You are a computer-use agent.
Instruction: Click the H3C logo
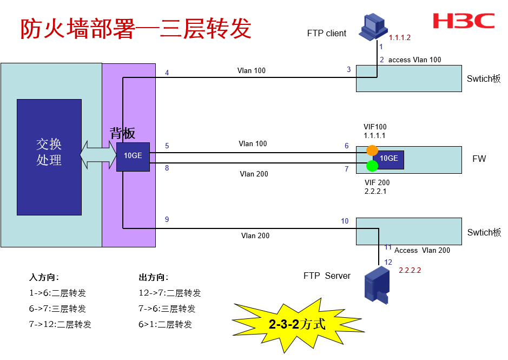pyautogui.click(x=464, y=21)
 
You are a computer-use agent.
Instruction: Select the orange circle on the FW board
pyautogui.click(x=372, y=150)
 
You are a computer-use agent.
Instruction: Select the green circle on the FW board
pyautogui.click(x=372, y=165)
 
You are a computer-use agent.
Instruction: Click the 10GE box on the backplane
pyautogui.click(x=133, y=156)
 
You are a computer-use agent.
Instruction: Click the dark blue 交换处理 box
pyautogui.click(x=49, y=157)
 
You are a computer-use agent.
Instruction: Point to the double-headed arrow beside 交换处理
pyautogui.click(x=98, y=155)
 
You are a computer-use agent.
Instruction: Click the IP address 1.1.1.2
pyautogui.click(x=400, y=38)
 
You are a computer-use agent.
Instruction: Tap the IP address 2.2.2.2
pyautogui.click(x=410, y=270)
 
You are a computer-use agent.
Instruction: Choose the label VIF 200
pyautogui.click(x=377, y=182)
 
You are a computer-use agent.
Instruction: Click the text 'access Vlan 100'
pyautogui.click(x=414, y=60)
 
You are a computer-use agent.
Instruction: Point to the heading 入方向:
pyautogui.click(x=44, y=278)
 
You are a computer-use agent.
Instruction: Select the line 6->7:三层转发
pyautogui.click(x=57, y=309)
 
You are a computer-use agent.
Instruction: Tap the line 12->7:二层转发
pyautogui.click(x=170, y=293)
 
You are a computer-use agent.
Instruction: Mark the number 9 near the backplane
pyautogui.click(x=167, y=219)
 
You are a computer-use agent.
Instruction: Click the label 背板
pyautogui.click(x=122, y=133)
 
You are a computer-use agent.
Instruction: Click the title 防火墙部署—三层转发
pyautogui.click(x=136, y=29)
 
